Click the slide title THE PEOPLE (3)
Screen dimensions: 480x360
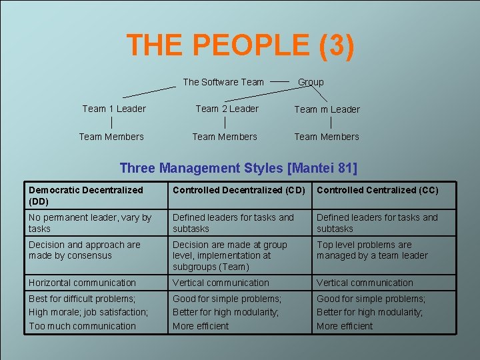(240, 45)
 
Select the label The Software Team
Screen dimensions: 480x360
(223, 82)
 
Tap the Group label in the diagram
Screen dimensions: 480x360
(311, 82)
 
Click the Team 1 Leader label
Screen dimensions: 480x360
(114, 109)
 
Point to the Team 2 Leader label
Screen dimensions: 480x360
(227, 109)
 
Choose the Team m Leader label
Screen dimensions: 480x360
(327, 109)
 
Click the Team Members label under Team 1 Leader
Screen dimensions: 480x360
(111, 137)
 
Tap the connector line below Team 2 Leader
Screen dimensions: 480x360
(225, 123)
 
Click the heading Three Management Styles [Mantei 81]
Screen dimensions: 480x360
(238, 168)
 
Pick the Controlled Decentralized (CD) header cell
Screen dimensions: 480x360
(239, 190)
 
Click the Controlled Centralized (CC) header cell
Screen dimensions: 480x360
(377, 190)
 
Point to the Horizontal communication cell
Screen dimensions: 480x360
(82, 283)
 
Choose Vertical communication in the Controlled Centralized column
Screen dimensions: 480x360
(365, 283)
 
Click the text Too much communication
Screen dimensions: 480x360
(82, 326)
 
